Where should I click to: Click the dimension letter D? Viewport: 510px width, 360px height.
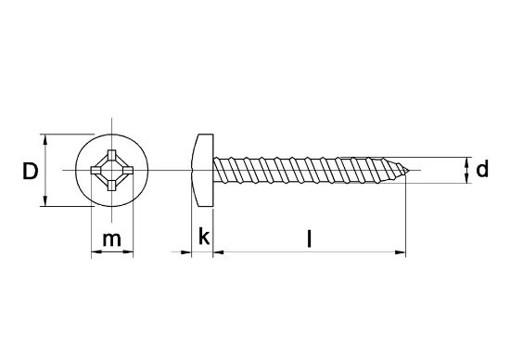pos(30,172)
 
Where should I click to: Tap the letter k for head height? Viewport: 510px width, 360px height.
pos(204,238)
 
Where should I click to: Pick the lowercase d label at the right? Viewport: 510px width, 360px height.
pos(481,171)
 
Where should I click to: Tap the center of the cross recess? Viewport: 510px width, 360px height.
pos(112,171)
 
